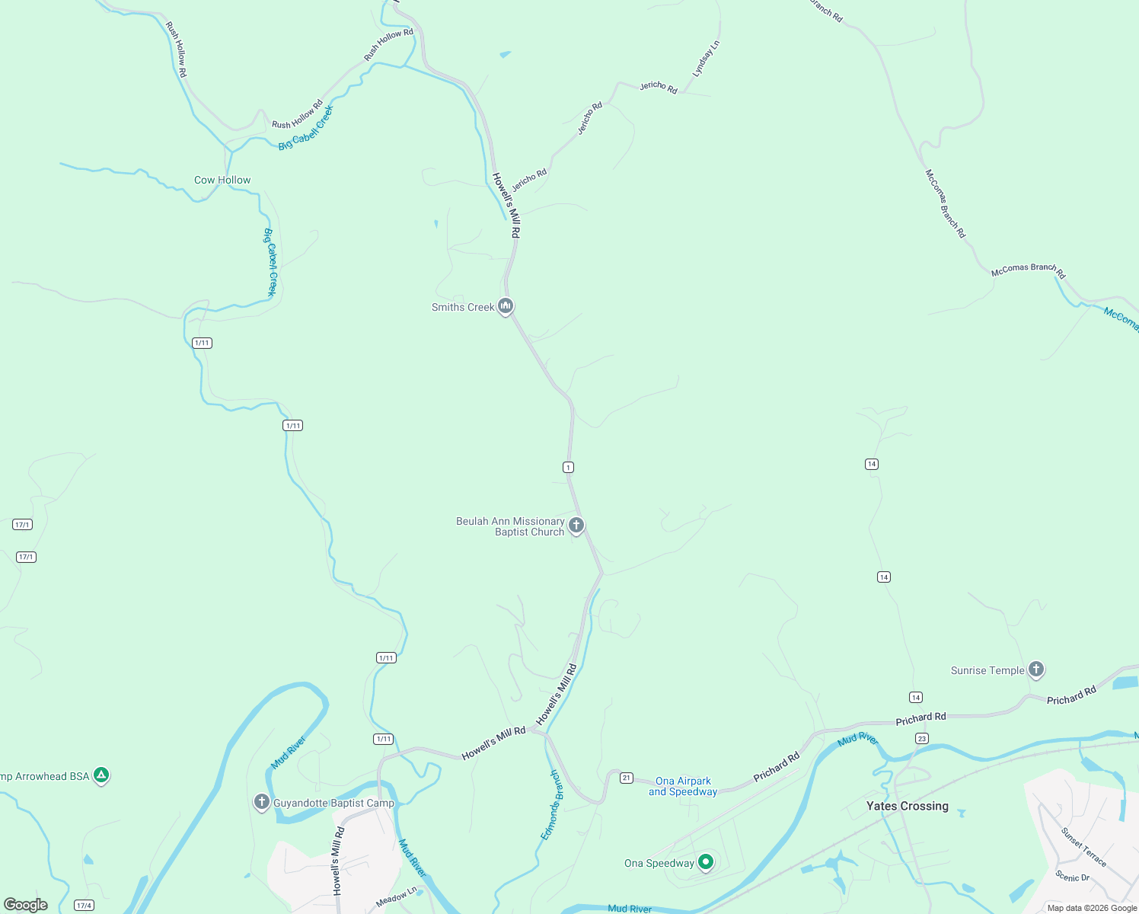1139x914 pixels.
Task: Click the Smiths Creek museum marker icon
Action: tap(505, 306)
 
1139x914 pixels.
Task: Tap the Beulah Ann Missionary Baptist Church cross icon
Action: tap(576, 525)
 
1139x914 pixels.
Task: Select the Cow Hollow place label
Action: tap(222, 181)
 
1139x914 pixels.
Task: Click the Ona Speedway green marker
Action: tap(706, 862)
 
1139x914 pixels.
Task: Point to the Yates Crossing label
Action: tap(907, 806)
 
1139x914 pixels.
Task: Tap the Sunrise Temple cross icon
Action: tap(1035, 670)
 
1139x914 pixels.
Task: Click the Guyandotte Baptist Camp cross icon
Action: tap(261, 802)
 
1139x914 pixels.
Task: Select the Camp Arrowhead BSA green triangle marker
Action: tap(101, 775)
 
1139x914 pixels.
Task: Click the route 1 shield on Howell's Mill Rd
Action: tap(568, 467)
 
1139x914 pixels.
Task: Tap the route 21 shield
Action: tap(626, 778)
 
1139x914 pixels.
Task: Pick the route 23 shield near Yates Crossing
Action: tap(922, 739)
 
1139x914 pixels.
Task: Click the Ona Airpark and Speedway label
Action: tap(683, 786)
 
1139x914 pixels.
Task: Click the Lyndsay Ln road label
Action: tap(706, 59)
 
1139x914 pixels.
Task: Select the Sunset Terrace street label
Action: tap(1083, 847)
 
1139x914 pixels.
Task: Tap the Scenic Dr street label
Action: tap(1072, 877)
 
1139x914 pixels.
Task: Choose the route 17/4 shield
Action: tap(84, 906)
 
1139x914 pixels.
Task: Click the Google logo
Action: tap(26, 905)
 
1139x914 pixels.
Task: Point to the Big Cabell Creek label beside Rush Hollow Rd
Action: tap(305, 128)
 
